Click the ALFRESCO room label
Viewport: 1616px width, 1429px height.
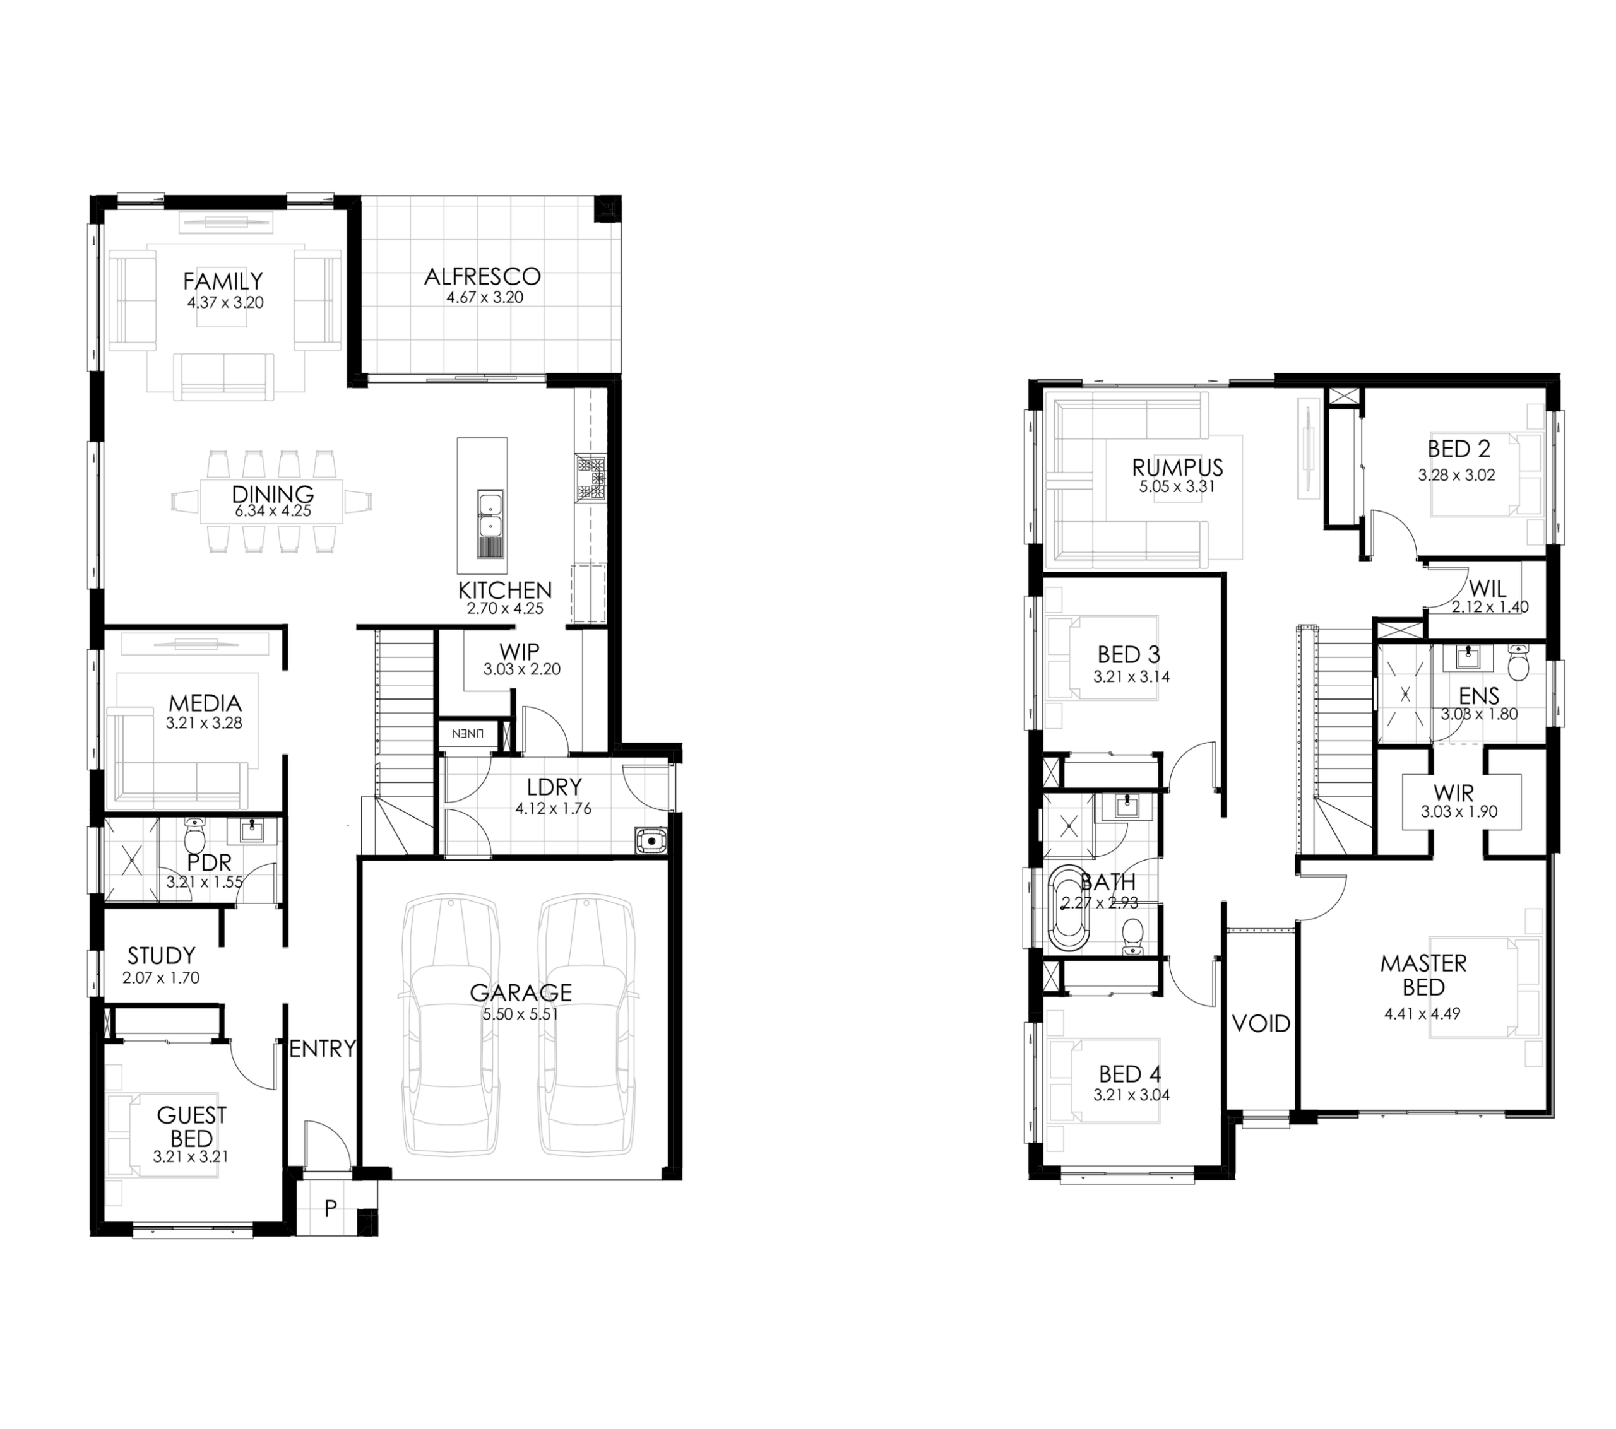click(x=482, y=276)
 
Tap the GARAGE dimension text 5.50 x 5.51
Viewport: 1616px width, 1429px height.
click(x=521, y=1014)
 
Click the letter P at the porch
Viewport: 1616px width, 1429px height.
click(x=331, y=1208)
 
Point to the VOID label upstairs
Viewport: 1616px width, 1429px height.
click(x=1261, y=1023)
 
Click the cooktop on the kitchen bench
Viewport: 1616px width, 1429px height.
click(x=591, y=478)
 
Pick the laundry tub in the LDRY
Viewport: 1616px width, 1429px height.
click(x=651, y=841)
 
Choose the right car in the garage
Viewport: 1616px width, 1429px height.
click(x=586, y=1025)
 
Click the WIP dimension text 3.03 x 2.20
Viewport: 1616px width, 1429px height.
click(x=522, y=669)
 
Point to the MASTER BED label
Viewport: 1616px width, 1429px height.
click(x=1423, y=975)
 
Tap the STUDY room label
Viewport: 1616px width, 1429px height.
click(x=161, y=956)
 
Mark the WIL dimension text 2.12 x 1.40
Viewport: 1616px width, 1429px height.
click(x=1490, y=607)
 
